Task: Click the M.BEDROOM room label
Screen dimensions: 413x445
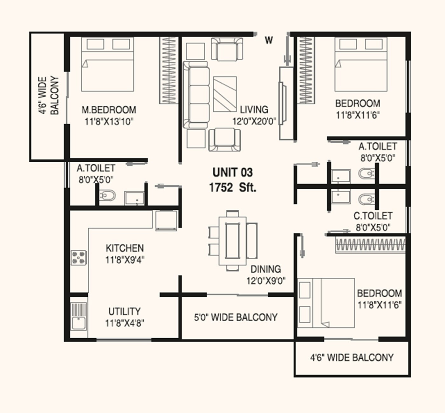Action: pyautogui.click(x=109, y=110)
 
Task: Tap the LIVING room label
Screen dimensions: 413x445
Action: pyautogui.click(x=254, y=110)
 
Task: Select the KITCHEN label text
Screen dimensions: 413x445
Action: pyautogui.click(x=125, y=248)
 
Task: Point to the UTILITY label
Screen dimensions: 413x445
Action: pyautogui.click(x=124, y=311)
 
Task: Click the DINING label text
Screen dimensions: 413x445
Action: pyautogui.click(x=266, y=269)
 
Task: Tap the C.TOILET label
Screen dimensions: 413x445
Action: pyautogui.click(x=373, y=216)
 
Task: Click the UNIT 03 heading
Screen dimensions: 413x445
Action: pyautogui.click(x=233, y=173)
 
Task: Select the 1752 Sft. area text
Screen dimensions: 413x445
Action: pyautogui.click(x=233, y=187)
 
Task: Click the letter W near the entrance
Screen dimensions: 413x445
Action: pyautogui.click(x=269, y=40)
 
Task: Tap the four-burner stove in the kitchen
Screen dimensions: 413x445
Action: pyautogui.click(x=79, y=257)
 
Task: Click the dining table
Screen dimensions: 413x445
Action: pyautogui.click(x=233, y=240)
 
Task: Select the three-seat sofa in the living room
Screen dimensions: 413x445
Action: pyautogui.click(x=196, y=95)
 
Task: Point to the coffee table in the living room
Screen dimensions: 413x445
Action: pyautogui.click(x=225, y=94)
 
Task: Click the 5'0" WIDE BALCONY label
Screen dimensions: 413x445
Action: pyautogui.click(x=236, y=317)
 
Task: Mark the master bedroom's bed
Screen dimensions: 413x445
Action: pyautogui.click(x=107, y=64)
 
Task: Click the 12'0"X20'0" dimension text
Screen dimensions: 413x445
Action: pyautogui.click(x=254, y=121)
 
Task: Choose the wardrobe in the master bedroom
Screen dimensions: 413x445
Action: pyautogui.click(x=168, y=70)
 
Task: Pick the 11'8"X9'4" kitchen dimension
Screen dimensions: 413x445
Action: pyautogui.click(x=125, y=260)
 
